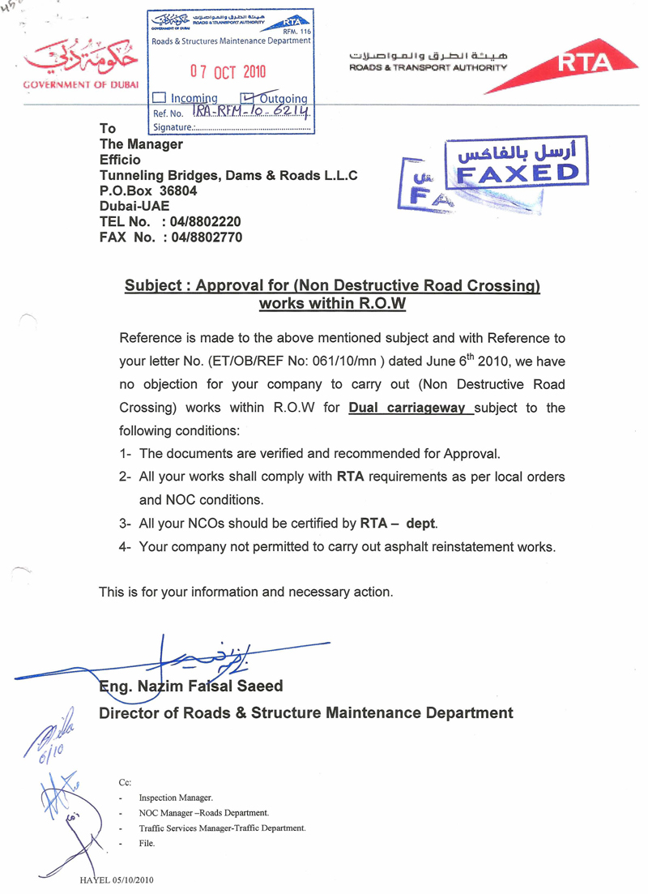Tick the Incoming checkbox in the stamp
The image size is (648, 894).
(159, 98)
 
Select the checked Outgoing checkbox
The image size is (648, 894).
(237, 98)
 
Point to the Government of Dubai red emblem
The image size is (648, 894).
(80, 58)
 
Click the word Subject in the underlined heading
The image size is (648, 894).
(151, 286)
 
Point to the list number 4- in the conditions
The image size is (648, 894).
(126, 547)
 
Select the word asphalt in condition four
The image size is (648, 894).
(416, 547)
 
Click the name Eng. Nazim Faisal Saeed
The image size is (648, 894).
(191, 687)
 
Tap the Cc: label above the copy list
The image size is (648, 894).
(126, 782)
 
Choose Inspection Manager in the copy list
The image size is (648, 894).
(176, 798)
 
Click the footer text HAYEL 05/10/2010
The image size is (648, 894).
(116, 879)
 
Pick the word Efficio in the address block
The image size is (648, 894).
(122, 160)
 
